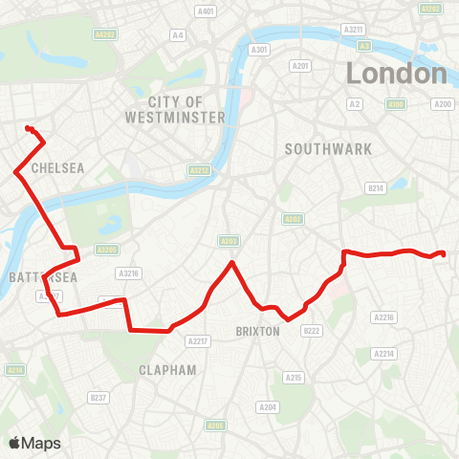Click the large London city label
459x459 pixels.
(x=397, y=73)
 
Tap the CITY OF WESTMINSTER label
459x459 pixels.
(x=175, y=109)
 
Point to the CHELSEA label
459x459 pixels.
(x=58, y=167)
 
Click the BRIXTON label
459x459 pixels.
(x=257, y=331)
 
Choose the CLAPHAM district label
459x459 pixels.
(x=167, y=369)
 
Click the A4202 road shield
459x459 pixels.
(x=104, y=33)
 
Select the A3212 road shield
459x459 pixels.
(x=198, y=170)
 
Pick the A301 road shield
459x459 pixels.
(x=258, y=50)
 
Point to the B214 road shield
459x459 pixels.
(x=376, y=188)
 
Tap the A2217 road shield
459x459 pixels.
(x=199, y=340)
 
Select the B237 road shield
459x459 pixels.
(x=98, y=397)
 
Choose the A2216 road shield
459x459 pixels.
(x=384, y=317)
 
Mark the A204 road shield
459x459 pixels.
(x=269, y=407)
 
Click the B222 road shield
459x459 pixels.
(x=311, y=331)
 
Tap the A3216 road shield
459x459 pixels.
(x=129, y=273)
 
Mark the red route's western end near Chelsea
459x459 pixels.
(x=28, y=127)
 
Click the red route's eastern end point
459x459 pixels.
(x=444, y=253)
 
